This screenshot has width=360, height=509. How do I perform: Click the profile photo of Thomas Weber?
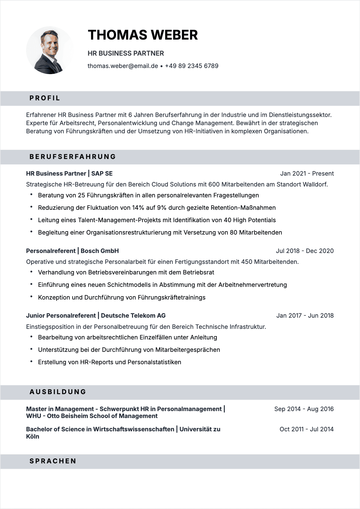pyautogui.click(x=50, y=50)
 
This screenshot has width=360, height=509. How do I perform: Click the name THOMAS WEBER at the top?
pyautogui.click(x=142, y=35)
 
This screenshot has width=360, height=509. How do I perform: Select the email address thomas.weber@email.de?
pyautogui.click(x=123, y=66)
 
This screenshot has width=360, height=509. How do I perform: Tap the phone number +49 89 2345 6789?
pyautogui.click(x=191, y=66)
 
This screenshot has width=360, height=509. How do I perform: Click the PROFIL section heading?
pyautogui.click(x=45, y=98)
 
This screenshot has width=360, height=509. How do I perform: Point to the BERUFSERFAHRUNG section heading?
pyautogui.click(x=73, y=157)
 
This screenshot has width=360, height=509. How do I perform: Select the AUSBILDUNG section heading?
pyautogui.click(x=58, y=392)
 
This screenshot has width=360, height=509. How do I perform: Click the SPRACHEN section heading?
pyautogui.click(x=53, y=461)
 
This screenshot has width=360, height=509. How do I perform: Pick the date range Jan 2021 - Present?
pyautogui.click(x=307, y=173)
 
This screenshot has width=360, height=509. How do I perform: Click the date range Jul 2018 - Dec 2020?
pyautogui.click(x=305, y=251)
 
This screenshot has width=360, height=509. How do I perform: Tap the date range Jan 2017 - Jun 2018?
pyautogui.click(x=305, y=316)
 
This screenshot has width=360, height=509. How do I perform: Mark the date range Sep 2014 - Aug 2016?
pyautogui.click(x=304, y=409)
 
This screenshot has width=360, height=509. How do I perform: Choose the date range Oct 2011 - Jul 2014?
pyautogui.click(x=306, y=429)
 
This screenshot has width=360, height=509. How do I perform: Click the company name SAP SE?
pyautogui.click(x=102, y=173)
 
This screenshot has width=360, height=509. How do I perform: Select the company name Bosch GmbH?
pyautogui.click(x=100, y=251)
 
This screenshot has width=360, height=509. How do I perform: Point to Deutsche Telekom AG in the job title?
pyautogui.click(x=133, y=316)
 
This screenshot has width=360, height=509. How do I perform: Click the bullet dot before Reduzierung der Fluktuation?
pyautogui.click(x=31, y=207)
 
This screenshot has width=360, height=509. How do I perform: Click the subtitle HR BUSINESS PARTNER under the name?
pyautogui.click(x=126, y=53)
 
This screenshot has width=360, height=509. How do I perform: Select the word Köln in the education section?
pyautogui.click(x=33, y=436)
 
